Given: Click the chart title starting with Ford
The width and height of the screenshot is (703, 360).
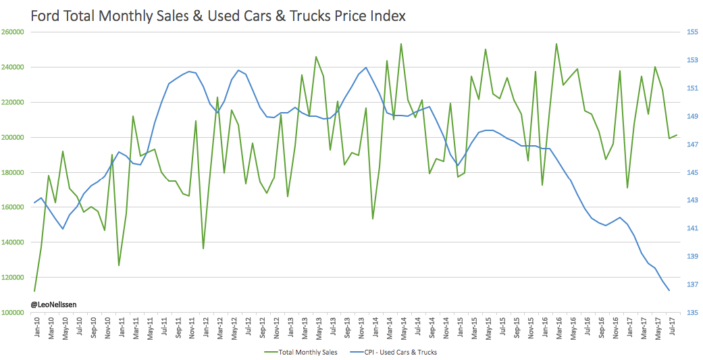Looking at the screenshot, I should [218, 15].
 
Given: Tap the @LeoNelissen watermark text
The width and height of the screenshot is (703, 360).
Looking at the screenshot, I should [53, 305].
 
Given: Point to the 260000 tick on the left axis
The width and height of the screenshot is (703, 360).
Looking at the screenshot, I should [14, 32].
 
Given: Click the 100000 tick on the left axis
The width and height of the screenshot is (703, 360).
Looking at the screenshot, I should [14, 312].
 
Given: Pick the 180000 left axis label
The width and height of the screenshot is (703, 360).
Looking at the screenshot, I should [14, 172].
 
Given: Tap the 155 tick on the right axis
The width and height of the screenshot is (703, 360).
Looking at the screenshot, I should [689, 32].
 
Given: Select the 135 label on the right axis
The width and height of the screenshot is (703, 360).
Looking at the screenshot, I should [689, 312].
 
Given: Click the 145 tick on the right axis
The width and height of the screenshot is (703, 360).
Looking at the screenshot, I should [689, 172].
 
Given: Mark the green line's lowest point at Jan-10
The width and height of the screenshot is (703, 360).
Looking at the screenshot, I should [34, 291].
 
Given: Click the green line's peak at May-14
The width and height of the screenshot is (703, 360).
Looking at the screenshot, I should [401, 44].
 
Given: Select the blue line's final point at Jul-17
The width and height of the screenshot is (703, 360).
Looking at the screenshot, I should [669, 290].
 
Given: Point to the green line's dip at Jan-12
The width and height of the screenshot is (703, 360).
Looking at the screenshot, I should [203, 249].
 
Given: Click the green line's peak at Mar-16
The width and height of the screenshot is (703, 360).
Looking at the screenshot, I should [556, 44].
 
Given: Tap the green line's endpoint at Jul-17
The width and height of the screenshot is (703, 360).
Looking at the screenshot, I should [676, 135].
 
